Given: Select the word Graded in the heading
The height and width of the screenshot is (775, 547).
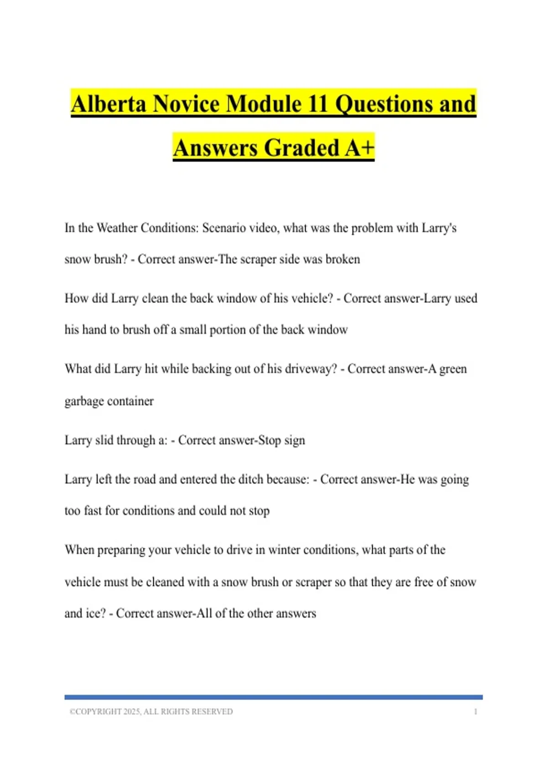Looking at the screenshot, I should tap(302, 148).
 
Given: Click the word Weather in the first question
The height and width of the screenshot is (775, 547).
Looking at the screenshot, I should tap(116, 228).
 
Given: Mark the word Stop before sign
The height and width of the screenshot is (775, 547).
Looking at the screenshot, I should tap(269, 440).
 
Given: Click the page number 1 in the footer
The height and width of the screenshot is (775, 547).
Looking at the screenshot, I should tap(475, 712).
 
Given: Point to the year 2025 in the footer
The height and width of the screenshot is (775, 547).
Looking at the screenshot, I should tap(131, 712).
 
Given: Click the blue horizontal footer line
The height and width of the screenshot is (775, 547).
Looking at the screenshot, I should tap(273, 697).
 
